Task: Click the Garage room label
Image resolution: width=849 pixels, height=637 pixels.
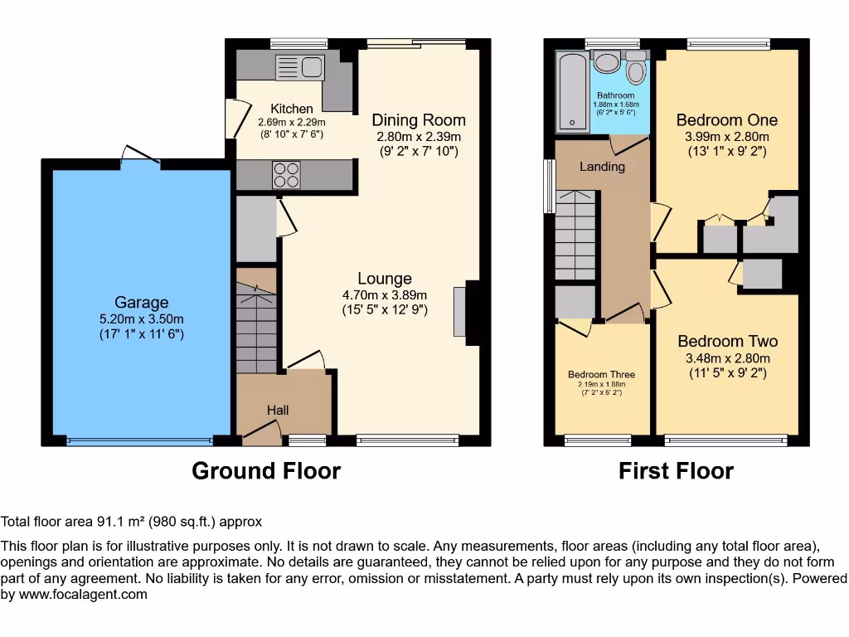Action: coord(141,303)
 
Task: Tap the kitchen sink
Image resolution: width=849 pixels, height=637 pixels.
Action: coord(300,67)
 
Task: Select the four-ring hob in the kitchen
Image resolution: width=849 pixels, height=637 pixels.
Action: coord(287,175)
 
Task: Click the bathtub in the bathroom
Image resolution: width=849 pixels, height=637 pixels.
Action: coord(572,91)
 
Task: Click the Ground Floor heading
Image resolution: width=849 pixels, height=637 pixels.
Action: coord(266,471)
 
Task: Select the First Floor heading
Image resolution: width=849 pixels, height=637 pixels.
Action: coord(676,471)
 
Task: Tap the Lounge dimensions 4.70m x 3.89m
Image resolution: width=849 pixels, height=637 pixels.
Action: coord(385,295)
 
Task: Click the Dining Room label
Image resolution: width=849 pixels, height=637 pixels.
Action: coord(418,119)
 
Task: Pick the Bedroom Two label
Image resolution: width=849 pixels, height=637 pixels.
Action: coord(727,341)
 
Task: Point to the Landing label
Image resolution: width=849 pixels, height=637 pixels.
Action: coord(602,167)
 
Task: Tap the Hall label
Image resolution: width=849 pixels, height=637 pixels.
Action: coord(278,410)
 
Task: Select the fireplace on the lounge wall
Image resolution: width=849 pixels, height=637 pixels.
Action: coord(459,312)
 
